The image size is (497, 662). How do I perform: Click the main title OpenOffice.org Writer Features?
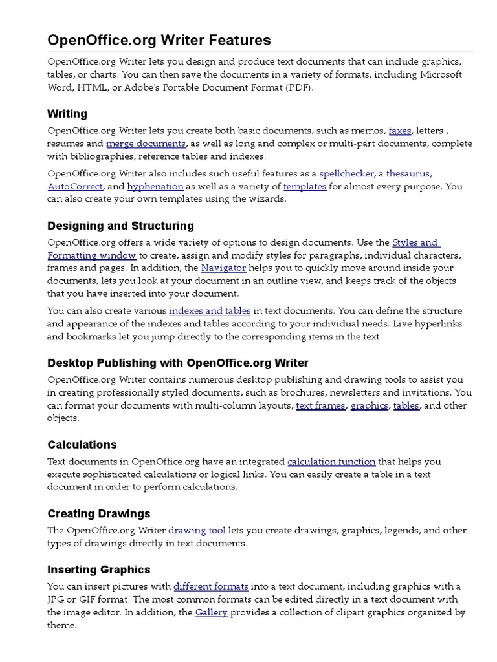(x=159, y=41)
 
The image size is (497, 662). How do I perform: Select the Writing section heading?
(x=67, y=114)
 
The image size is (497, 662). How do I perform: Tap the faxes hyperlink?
(x=399, y=131)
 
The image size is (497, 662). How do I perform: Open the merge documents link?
(x=146, y=144)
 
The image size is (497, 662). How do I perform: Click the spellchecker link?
(x=346, y=173)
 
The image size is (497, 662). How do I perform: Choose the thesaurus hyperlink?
(x=408, y=173)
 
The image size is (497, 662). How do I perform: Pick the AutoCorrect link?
(x=75, y=186)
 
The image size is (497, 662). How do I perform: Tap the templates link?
(x=304, y=186)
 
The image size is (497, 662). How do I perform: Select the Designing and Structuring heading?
(x=120, y=226)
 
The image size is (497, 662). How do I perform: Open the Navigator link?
(x=223, y=268)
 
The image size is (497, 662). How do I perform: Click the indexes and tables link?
(x=210, y=311)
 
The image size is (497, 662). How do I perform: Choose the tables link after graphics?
(x=406, y=405)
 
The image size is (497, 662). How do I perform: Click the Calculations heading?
(x=82, y=445)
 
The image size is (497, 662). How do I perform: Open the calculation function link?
(x=331, y=462)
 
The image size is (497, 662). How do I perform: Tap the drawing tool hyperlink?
(x=197, y=531)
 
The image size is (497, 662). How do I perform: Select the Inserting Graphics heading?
(x=98, y=570)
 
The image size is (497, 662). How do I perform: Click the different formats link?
(x=211, y=586)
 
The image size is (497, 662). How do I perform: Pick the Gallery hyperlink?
(x=211, y=612)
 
